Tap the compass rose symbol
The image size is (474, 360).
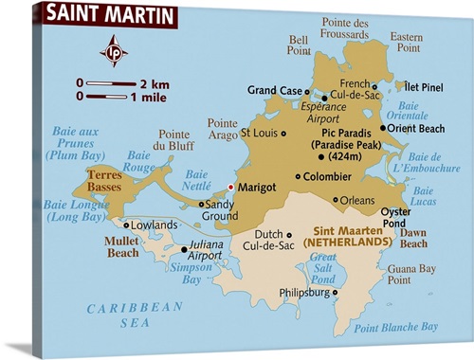(x=113, y=50)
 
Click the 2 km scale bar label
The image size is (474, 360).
(x=153, y=82)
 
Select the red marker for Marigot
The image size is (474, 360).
(x=230, y=187)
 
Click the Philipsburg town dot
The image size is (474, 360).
(x=336, y=293)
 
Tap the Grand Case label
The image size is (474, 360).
(x=275, y=91)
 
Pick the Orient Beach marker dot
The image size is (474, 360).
(x=382, y=128)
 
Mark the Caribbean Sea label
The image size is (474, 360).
(x=134, y=315)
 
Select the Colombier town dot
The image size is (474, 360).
(x=298, y=176)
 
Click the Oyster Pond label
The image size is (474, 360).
(x=395, y=217)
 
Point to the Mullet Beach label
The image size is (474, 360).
(x=122, y=247)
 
